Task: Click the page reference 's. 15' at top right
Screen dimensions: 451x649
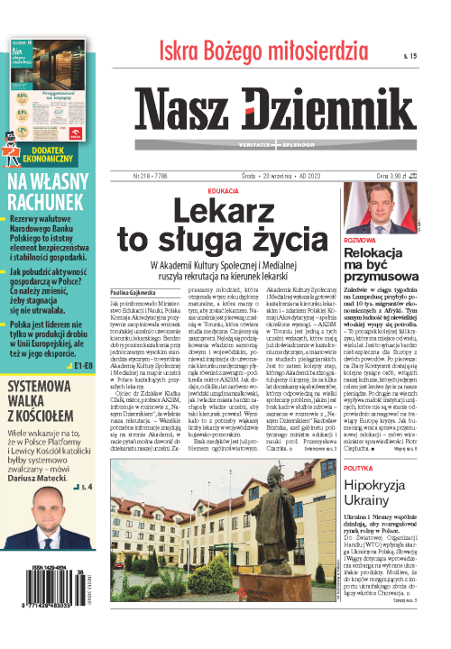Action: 412,56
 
